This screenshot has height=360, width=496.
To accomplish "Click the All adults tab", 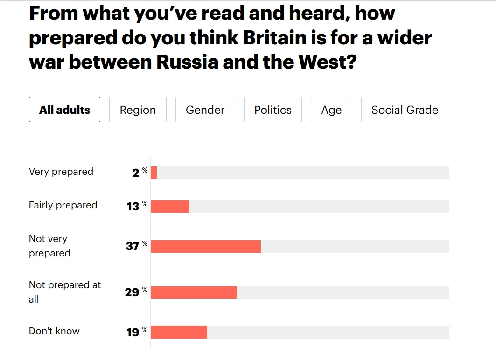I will tap(64, 110).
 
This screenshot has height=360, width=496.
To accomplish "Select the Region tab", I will tap(138, 110).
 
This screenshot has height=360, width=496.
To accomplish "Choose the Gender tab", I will tap(205, 110).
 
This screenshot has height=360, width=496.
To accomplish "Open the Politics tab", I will tap(272, 110).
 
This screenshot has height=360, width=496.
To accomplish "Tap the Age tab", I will tap(331, 110).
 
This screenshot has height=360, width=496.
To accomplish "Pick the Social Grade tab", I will tap(405, 110).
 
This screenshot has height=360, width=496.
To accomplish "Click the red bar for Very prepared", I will tap(154, 173).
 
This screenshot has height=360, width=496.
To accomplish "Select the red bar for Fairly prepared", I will tap(170, 206).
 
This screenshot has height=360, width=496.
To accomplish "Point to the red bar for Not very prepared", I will tap(205, 246).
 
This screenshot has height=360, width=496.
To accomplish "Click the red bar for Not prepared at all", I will tap(194, 292).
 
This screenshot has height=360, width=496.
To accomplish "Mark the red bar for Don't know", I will tap(179, 332).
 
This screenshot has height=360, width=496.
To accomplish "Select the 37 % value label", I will tap(136, 246).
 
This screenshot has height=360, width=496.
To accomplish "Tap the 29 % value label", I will tap(135, 292).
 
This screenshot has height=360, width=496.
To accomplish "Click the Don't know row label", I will tap(54, 331).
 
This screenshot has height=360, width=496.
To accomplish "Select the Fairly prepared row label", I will tap(63, 205).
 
